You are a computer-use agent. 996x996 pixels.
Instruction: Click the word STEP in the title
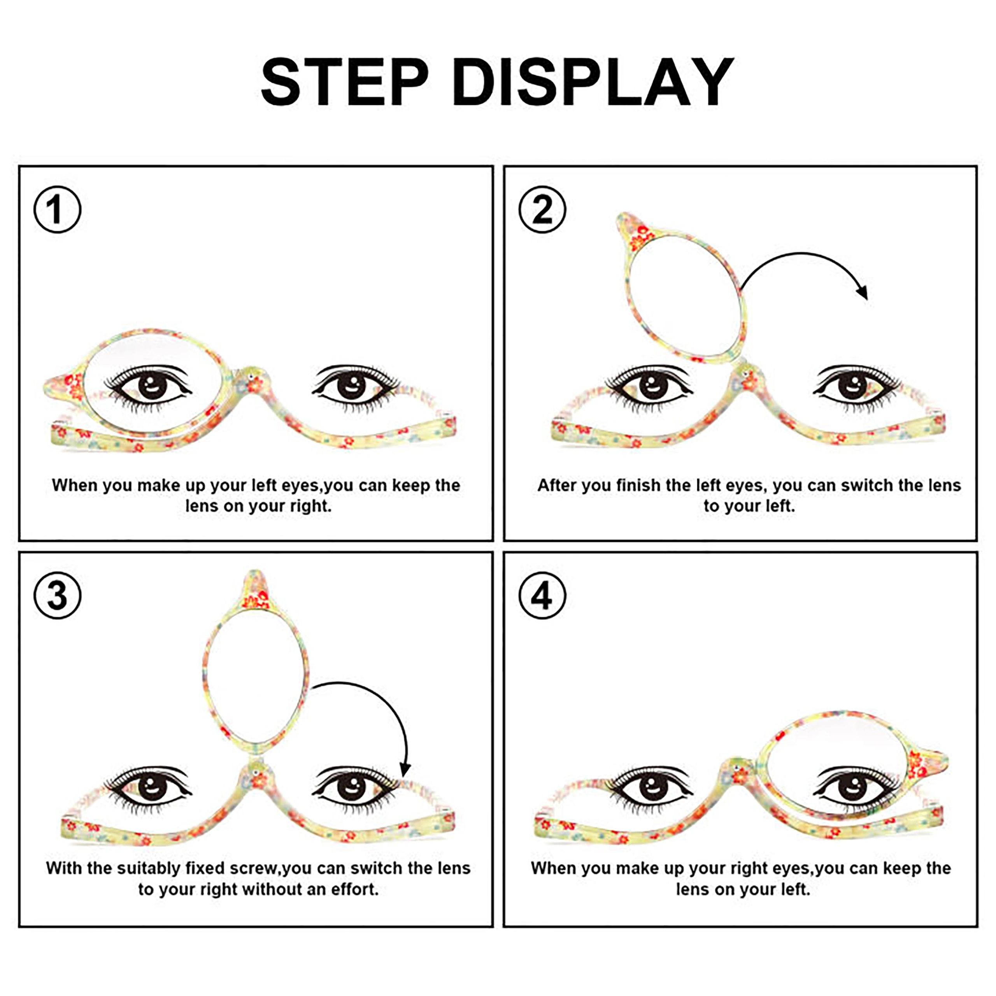point(345,82)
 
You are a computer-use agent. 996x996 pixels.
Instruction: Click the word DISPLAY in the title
point(593,82)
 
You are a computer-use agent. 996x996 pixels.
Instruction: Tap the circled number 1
point(57,209)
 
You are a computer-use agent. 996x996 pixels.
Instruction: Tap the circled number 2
point(542,209)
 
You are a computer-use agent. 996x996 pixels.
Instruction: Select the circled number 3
point(57,595)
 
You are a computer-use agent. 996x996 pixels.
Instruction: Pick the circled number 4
point(542,595)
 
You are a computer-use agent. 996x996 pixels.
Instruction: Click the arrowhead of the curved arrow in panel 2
point(863,292)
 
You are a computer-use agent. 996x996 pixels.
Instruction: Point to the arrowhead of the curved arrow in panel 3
point(405,769)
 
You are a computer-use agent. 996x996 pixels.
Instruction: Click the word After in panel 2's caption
point(555,485)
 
